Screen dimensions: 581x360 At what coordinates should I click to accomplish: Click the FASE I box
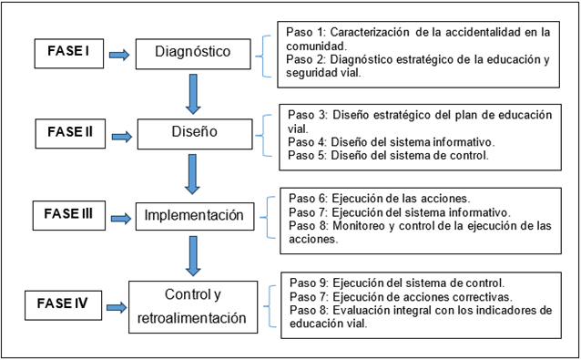tap(69, 54)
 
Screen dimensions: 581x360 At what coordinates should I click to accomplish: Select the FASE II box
tap(70, 133)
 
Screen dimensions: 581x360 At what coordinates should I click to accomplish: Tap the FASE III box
tap(69, 215)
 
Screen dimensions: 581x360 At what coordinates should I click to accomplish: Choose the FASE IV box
tap(63, 305)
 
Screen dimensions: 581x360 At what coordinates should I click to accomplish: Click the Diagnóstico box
tap(193, 54)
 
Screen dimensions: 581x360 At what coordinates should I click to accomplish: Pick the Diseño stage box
tap(195, 134)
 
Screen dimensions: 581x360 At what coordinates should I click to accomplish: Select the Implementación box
tap(195, 216)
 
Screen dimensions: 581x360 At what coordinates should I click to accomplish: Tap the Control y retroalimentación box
tap(193, 307)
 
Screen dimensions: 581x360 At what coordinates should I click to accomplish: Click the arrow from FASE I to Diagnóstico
tap(119, 55)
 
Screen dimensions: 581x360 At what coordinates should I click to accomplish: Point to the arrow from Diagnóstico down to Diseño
tap(193, 94)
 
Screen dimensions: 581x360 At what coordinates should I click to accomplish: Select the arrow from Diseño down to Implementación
tap(192, 174)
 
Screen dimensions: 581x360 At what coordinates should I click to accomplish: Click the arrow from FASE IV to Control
tap(117, 307)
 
